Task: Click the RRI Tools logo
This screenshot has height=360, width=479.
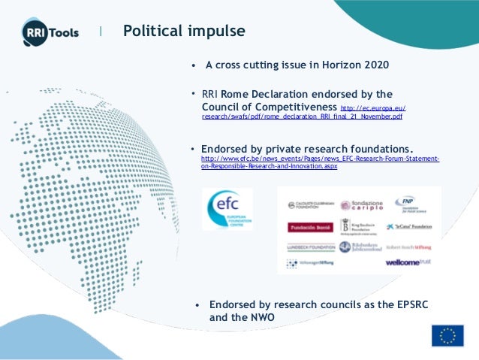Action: [x=50, y=32]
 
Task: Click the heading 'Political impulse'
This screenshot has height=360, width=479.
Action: [x=184, y=32]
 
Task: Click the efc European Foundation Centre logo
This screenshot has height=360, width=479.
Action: [x=227, y=209]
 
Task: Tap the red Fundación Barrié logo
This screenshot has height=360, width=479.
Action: [x=309, y=226]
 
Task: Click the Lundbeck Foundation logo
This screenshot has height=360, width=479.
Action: [x=310, y=247]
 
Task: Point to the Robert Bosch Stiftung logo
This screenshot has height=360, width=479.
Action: [x=409, y=247]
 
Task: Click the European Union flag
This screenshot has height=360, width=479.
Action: [x=447, y=335]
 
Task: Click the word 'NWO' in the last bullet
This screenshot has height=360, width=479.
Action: [x=261, y=318]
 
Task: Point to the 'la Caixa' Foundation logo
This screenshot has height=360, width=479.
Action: [x=409, y=225]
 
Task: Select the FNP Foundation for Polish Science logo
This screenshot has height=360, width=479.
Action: [x=411, y=204]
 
